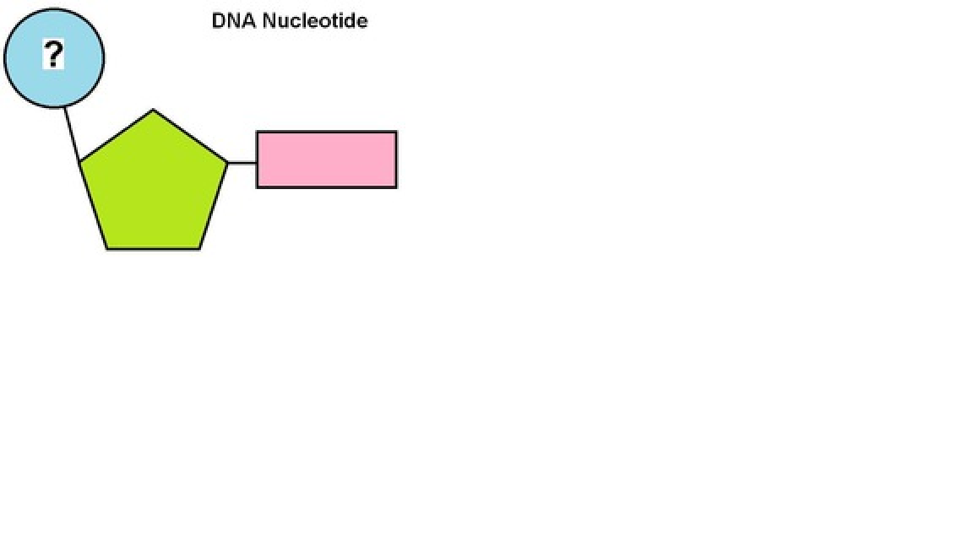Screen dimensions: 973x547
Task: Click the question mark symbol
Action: (53, 56)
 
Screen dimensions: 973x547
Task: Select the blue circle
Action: (34, 76)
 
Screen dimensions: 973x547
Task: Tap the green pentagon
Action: (152, 186)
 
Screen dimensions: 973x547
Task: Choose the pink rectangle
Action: (326, 160)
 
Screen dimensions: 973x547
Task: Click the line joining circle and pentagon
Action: (73, 134)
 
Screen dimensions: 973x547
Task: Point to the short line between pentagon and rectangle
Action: (242, 162)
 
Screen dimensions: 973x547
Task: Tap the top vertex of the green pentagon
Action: (153, 110)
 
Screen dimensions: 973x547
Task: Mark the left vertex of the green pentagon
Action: (80, 162)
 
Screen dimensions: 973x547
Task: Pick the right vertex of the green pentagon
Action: (227, 161)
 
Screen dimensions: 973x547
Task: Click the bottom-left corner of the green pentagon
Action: (107, 249)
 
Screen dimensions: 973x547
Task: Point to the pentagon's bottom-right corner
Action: (200, 249)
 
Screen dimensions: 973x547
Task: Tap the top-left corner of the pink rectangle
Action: (257, 132)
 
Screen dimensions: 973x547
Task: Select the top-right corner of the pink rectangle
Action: (396, 132)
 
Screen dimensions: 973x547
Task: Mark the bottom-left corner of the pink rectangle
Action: (257, 187)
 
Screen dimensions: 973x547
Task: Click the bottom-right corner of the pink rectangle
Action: (396, 187)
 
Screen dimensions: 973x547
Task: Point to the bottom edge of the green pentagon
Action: (154, 249)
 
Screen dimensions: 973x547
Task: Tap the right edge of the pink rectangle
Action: (396, 160)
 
